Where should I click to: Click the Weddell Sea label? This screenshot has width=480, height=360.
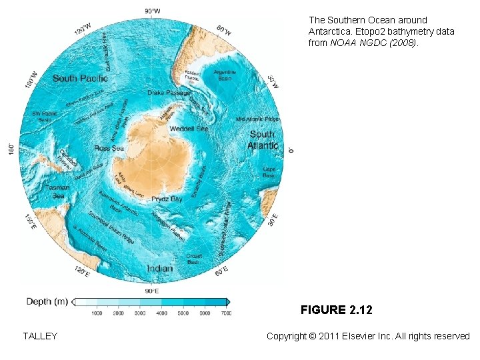(189, 128)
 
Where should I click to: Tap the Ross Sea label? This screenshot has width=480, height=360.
(109, 148)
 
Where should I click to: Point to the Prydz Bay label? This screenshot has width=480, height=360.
(167, 199)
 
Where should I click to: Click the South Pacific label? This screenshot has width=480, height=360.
(80, 79)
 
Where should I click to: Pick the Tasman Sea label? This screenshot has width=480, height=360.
(57, 191)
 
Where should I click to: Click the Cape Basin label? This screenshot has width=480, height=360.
(269, 172)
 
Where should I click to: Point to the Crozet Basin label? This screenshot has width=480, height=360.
(194, 259)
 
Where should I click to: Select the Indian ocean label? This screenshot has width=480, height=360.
(159, 268)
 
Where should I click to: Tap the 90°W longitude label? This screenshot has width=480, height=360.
(152, 11)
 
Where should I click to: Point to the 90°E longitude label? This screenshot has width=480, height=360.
(152, 291)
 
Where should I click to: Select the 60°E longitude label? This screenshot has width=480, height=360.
(221, 271)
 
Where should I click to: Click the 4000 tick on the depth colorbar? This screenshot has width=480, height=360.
(161, 313)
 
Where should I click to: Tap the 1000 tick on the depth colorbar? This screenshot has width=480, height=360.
(97, 313)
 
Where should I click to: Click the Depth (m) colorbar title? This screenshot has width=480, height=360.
(47, 302)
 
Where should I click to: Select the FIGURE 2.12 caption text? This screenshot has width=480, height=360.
(336, 310)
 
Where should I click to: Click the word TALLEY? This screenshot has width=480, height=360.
(40, 336)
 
